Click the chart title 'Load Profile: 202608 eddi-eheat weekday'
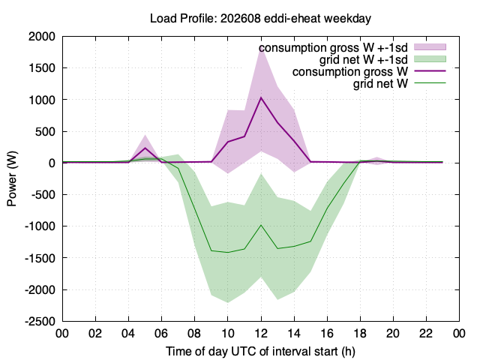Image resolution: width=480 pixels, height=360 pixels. (260, 18)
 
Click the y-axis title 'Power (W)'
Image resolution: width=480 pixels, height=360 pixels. (12, 178)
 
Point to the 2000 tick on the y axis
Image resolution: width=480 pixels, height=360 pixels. (42, 37)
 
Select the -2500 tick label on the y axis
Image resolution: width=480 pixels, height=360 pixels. (40, 322)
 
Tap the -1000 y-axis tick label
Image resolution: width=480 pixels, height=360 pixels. (40, 226)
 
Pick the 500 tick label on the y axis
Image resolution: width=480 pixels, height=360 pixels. (45, 132)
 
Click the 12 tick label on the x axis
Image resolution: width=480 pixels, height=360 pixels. (261, 333)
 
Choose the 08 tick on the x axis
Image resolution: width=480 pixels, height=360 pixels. (195, 333)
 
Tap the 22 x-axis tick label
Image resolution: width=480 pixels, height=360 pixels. (427, 333)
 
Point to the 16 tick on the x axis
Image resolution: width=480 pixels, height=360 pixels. (327, 333)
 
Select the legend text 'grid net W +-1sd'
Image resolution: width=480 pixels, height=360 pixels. (364, 59)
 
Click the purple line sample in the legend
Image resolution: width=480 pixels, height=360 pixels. (430, 71)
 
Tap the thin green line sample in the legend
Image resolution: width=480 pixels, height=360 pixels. (430, 83)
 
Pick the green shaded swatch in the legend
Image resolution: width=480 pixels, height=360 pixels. (430, 59)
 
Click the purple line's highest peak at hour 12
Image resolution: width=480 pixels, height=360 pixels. (261, 97)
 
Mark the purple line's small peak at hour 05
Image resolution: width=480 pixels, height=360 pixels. (145, 148)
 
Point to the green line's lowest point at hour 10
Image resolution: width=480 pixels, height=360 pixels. (228, 253)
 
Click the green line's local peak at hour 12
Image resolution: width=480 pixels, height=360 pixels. (261, 225)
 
